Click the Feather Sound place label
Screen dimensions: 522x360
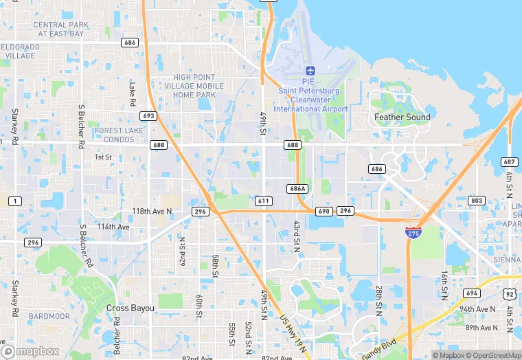point(402,117)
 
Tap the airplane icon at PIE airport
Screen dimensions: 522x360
point(310,71)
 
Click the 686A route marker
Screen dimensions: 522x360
point(297,188)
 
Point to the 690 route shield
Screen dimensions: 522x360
point(324,211)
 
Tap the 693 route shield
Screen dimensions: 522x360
point(149,116)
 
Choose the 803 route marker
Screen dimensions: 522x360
point(475,200)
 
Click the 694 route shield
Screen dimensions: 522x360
point(471,293)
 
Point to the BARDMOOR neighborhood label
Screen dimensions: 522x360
point(49,317)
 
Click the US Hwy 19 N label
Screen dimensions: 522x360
point(288,322)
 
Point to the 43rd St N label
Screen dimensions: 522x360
point(297,236)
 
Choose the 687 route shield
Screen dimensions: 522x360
point(509,161)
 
